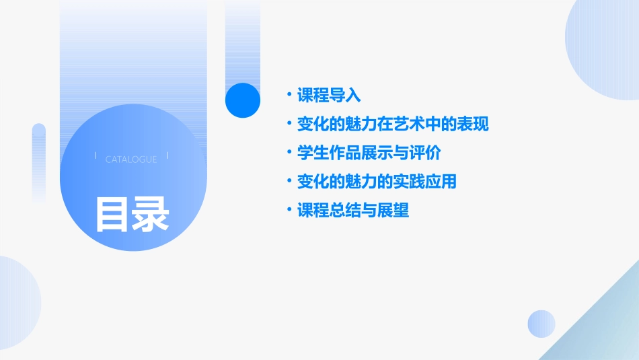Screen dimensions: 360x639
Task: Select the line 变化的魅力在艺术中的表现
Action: coord(393,124)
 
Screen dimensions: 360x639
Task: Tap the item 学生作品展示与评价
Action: coord(369,153)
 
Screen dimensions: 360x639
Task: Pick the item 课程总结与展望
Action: coord(353,211)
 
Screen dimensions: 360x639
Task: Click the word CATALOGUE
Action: coord(131,159)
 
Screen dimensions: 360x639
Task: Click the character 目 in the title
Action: coord(112,214)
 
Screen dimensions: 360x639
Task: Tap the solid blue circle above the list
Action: coord(243,100)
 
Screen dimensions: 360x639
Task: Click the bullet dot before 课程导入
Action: coord(289,95)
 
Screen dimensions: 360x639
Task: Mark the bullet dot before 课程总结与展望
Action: coord(289,211)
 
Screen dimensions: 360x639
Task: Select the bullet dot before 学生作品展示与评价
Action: coord(289,153)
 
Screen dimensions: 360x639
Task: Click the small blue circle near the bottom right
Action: coord(541,324)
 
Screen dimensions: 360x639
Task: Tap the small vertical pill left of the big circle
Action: coord(39,162)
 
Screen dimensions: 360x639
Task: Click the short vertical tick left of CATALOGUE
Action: coord(96,155)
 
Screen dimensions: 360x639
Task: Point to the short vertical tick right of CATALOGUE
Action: coord(167,155)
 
